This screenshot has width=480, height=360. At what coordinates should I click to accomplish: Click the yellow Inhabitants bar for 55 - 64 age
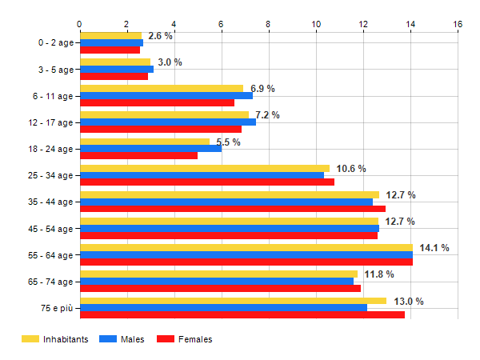coord(246,248)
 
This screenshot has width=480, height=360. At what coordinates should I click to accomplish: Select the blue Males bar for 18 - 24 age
coord(150,149)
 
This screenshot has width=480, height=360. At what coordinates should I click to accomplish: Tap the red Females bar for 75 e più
coord(242,314)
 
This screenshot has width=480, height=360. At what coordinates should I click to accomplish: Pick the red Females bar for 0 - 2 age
coord(110,50)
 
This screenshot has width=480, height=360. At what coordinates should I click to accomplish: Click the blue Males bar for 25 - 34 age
coord(202,175)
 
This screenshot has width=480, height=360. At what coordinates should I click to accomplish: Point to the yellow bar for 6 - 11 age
coord(161,88)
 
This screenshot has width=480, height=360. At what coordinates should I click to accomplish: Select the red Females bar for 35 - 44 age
coord(232,209)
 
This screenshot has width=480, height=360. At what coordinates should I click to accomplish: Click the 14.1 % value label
coord(434,248)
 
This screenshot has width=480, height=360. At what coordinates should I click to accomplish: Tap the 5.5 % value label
coord(228,142)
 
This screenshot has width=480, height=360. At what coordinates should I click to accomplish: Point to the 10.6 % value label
coord(351,169)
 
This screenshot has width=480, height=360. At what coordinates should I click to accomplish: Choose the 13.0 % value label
coord(409,302)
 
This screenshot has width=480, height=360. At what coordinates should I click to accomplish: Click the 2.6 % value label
coord(160,36)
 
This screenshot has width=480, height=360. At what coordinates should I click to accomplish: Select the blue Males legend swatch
coord(107,339)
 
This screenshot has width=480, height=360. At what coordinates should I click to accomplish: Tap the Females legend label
coord(195,339)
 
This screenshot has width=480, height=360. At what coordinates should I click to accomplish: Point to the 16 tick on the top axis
coord(458,24)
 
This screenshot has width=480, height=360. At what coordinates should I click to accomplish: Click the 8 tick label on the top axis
coord(268,24)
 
